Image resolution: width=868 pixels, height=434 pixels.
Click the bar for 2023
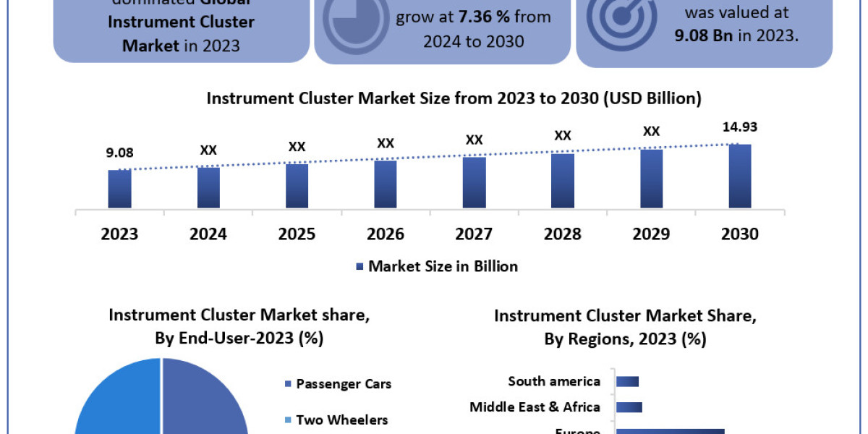(x=120, y=189)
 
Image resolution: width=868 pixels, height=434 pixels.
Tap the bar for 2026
(x=386, y=184)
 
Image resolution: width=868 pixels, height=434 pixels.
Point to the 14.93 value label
(x=741, y=128)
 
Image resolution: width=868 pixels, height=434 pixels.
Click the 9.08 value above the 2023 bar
(x=120, y=153)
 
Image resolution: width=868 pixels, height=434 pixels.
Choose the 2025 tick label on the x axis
(x=297, y=234)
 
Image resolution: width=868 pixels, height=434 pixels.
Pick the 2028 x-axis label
(x=563, y=234)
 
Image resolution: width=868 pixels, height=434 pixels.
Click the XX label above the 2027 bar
(x=474, y=140)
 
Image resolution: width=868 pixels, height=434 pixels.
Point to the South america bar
(x=628, y=381)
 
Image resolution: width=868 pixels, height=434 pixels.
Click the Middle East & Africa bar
(x=629, y=407)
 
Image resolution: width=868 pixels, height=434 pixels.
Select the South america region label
(x=554, y=381)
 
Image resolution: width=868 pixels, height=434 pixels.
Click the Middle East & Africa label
(x=535, y=407)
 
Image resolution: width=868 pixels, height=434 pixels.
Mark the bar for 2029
(x=651, y=179)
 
